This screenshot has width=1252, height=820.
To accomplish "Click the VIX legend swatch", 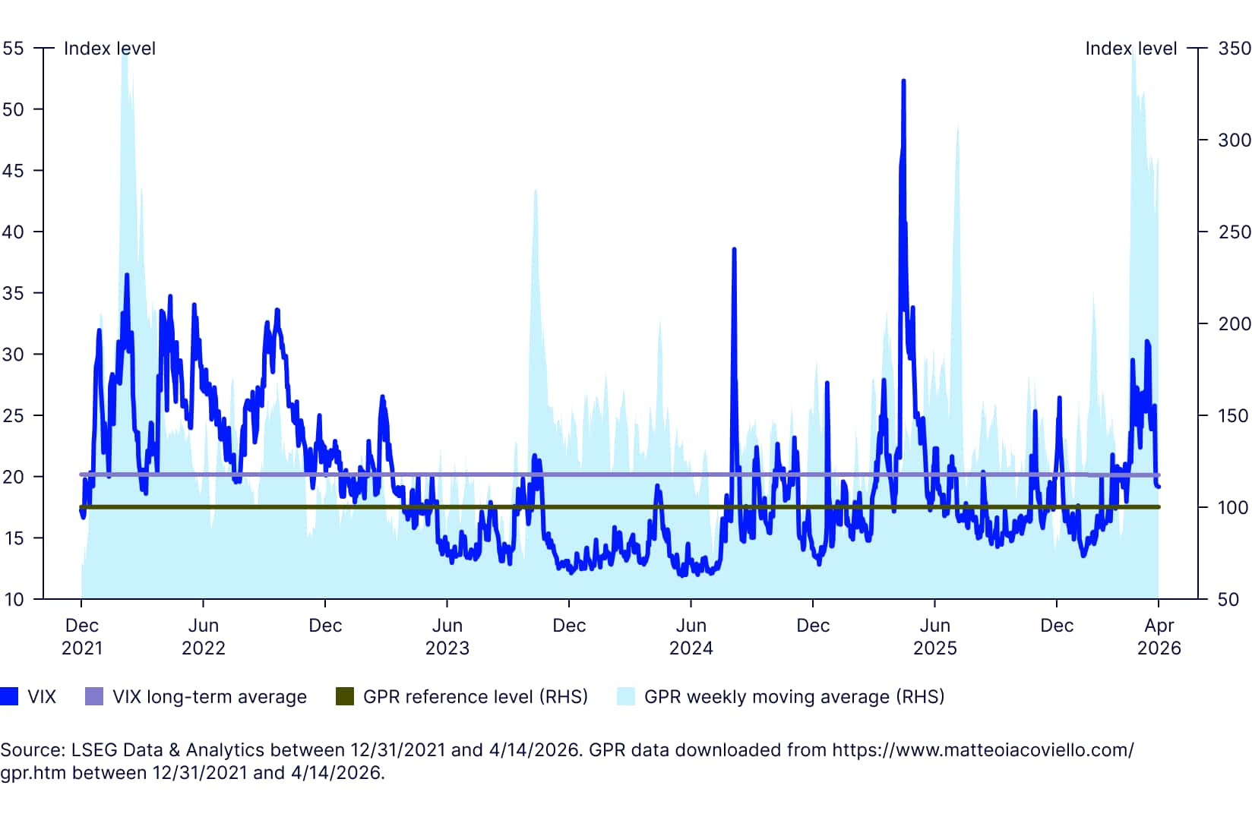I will (x=9, y=696).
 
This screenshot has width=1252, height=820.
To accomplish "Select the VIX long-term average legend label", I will (x=210, y=696).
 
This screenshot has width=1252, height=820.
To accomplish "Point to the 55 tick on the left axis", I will (x=13, y=49).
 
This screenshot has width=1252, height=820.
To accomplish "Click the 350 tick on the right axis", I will (x=1235, y=49).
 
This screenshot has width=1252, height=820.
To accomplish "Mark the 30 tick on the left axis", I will (x=13, y=355).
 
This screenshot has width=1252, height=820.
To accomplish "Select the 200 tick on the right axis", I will (x=1235, y=323).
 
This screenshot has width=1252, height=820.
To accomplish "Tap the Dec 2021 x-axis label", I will (x=81, y=636).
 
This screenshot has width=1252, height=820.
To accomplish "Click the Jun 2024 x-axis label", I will (x=691, y=636).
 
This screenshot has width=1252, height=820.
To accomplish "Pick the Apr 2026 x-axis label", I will (x=1159, y=636).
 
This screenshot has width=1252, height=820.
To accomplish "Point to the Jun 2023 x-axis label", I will (x=447, y=636).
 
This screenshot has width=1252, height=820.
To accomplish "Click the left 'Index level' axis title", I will (x=109, y=49).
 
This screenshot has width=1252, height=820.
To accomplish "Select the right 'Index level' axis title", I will (x=1130, y=49).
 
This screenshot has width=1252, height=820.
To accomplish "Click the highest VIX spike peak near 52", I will (x=903, y=80).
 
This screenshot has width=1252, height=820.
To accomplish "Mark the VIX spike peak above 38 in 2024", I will (x=734, y=249).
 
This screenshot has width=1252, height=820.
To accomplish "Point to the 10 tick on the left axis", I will (x=13, y=600).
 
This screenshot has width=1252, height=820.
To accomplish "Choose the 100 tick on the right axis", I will (x=1235, y=507).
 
